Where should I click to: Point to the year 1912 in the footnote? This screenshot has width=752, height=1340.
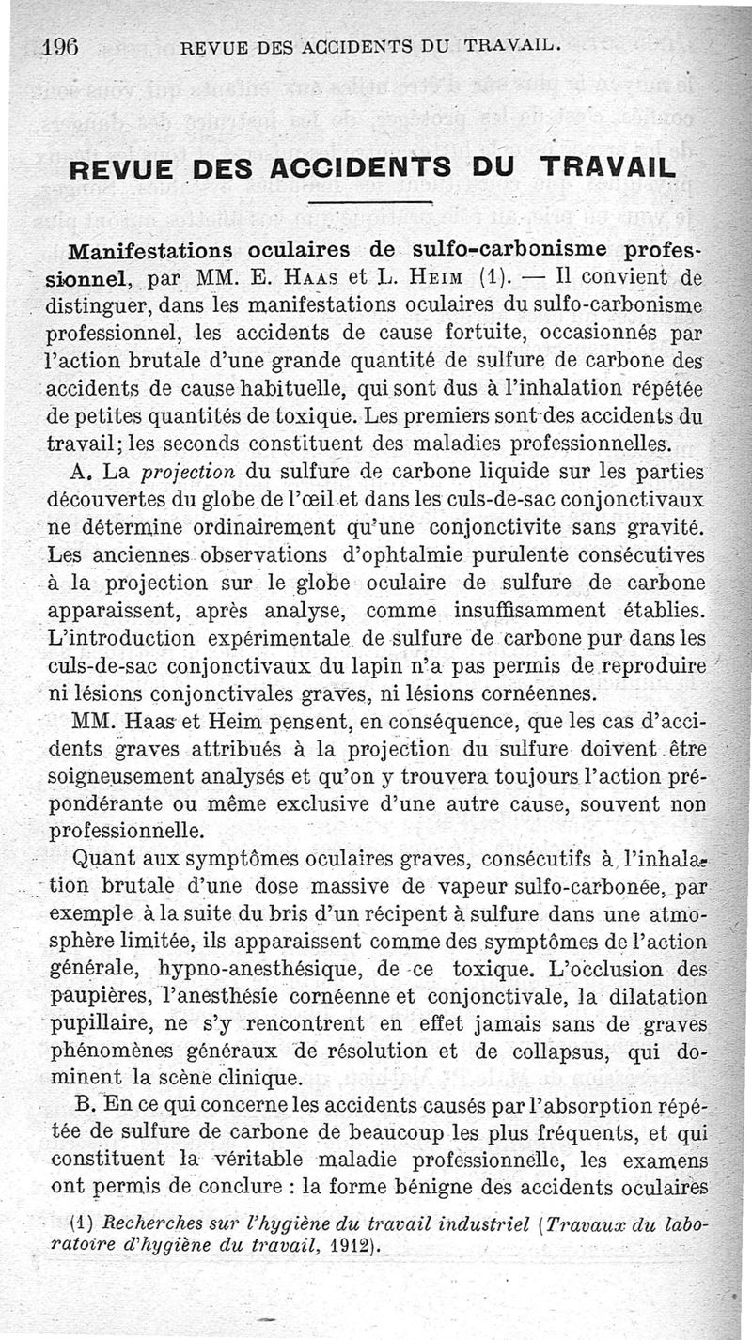[x=349, y=1248]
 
